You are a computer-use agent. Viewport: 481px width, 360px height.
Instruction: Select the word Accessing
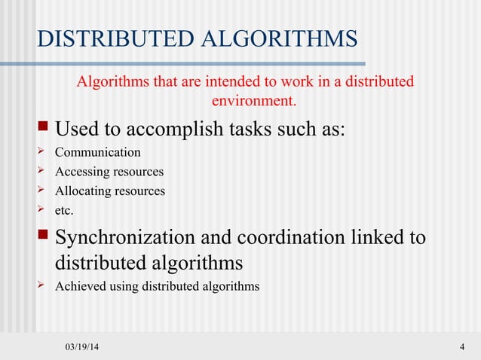pyautogui.click(x=81, y=172)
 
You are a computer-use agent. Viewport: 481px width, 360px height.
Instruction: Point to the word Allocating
pyautogui.click(x=82, y=191)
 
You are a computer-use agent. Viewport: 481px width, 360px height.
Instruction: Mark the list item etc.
pyautogui.click(x=65, y=211)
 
